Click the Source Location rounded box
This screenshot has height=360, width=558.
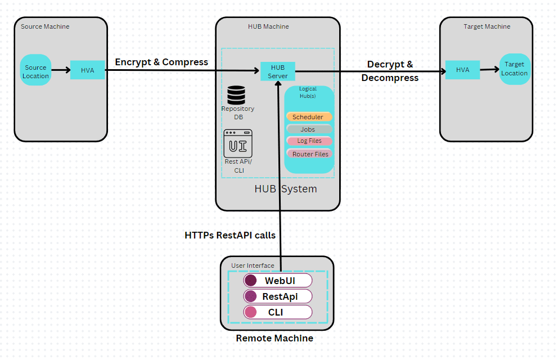coord(35,70)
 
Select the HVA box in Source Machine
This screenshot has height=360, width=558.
coord(87,70)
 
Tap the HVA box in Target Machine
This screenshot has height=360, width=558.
coord(462,70)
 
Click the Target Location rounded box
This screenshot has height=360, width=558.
coord(515,69)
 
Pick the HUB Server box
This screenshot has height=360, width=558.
coord(278,71)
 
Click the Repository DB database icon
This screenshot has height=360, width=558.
coord(237,94)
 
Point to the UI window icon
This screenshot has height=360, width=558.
coord(238,143)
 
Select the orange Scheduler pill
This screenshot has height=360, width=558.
coord(308,117)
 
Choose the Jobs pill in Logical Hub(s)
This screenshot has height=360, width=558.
coord(308,129)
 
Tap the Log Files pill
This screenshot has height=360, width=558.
coord(309,141)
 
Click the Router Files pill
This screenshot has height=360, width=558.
coord(309,154)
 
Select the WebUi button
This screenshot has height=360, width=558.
coord(278,280)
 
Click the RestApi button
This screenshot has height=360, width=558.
coord(278,296)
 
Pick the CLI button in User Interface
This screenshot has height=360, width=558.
coord(278,312)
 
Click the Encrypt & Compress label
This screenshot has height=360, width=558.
coord(161,62)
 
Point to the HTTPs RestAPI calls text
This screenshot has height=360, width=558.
coord(230,235)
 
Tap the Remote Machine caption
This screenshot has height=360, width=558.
coord(274,338)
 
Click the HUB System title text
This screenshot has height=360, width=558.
coord(286,189)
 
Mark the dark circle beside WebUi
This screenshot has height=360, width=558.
coord(251,280)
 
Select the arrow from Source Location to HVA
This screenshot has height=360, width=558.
coord(61,70)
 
